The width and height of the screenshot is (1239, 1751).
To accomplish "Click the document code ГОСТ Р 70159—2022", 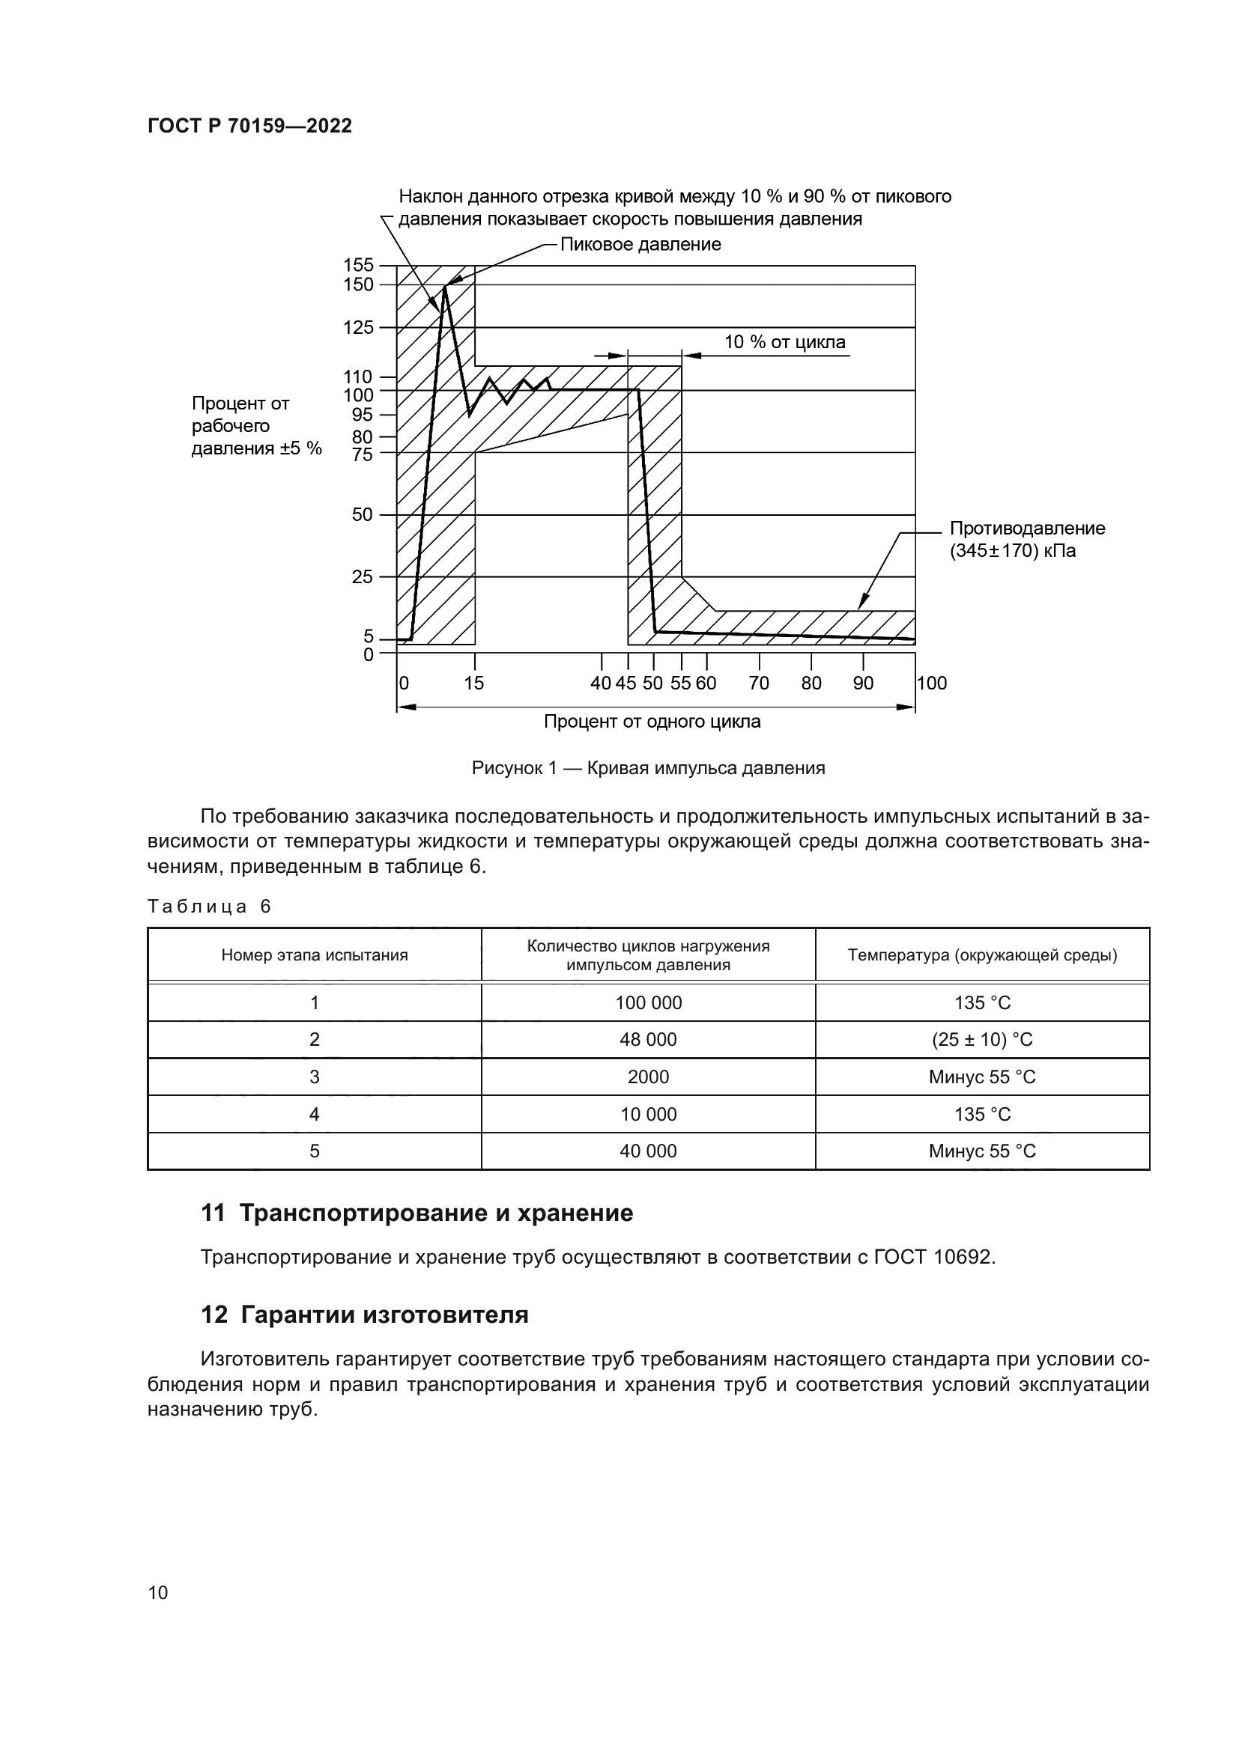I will coord(249,126).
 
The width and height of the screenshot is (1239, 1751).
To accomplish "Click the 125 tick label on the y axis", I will coord(359,328).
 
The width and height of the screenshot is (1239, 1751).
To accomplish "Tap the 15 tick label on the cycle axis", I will coord(473,683).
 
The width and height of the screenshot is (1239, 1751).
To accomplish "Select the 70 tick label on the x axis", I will coord(758,683).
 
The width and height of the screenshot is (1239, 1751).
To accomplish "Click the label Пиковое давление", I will coord(640,245).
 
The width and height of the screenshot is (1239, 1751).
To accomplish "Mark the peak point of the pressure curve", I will coord(445,285).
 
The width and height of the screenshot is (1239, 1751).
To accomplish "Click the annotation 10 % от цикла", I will coord(784,341).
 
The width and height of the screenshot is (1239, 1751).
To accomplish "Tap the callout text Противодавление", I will coord(1027,529).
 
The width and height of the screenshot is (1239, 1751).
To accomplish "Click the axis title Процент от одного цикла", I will coord(652,722).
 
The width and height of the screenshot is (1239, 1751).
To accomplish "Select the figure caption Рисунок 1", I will coord(648,768).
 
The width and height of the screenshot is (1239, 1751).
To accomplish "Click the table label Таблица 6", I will coord(209,907).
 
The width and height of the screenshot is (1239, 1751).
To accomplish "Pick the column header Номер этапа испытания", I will coord(315,955).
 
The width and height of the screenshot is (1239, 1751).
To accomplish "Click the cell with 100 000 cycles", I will coord(648,1004).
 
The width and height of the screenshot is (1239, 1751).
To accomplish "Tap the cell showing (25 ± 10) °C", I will coord(982,1041).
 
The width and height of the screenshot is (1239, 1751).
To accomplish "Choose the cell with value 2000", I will coord(648,1077).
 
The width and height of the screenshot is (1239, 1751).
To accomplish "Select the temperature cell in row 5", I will coord(982,1151).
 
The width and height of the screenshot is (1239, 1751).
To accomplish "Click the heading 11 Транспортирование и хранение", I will coord(416,1213).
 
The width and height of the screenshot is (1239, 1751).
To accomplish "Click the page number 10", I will coord(158,1593).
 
